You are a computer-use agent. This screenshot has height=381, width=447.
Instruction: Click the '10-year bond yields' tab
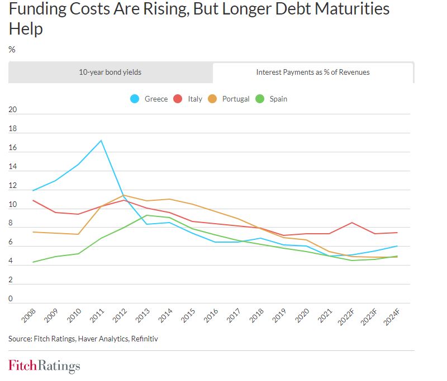tap(110, 72)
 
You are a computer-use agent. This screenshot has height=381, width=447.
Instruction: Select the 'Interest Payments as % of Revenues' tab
tap(313, 72)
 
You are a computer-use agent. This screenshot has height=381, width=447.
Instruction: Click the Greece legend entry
tap(149, 99)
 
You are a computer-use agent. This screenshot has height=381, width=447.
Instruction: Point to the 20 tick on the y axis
tap(13, 110)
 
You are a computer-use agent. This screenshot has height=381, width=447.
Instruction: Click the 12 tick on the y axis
tap(13, 186)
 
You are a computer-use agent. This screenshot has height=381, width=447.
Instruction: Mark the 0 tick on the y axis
tap(11, 299)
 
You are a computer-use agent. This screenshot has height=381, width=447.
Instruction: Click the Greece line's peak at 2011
tap(101, 140)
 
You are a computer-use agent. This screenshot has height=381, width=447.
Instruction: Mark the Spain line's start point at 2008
tap(33, 262)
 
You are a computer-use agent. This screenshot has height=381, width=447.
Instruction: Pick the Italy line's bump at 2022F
tap(351, 223)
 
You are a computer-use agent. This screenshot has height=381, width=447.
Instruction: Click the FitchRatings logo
tap(44, 366)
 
